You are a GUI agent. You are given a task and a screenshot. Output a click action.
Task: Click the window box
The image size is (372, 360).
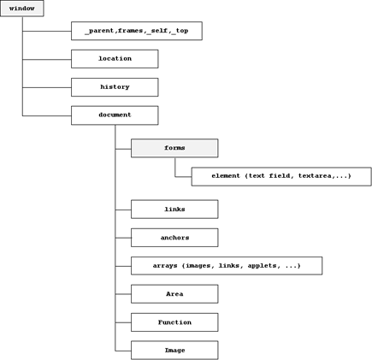click(22, 9)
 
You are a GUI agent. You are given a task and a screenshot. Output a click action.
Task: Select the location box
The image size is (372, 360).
click(115, 59)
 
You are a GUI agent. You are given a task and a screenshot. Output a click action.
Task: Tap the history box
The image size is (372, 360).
click(115, 87)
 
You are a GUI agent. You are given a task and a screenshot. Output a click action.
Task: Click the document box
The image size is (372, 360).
click(115, 115)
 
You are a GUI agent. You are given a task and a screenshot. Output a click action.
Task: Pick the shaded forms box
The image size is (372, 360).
click(174, 148)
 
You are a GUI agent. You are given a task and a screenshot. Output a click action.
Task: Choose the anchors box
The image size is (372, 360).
click(174, 238)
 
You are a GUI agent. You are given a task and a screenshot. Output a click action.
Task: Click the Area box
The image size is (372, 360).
click(174, 294)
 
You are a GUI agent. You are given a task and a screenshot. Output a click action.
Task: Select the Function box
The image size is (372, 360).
click(174, 322)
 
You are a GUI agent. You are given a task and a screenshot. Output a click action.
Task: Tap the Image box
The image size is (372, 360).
click(174, 351)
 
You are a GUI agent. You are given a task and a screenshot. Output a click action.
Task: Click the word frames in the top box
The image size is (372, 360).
click(130, 30)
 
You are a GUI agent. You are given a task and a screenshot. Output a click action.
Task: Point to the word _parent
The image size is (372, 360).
click(100, 31)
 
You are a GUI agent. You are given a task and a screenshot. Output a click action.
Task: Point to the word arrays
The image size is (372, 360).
click(165, 266)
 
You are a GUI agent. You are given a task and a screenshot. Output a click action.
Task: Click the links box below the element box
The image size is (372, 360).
click(174, 210)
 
